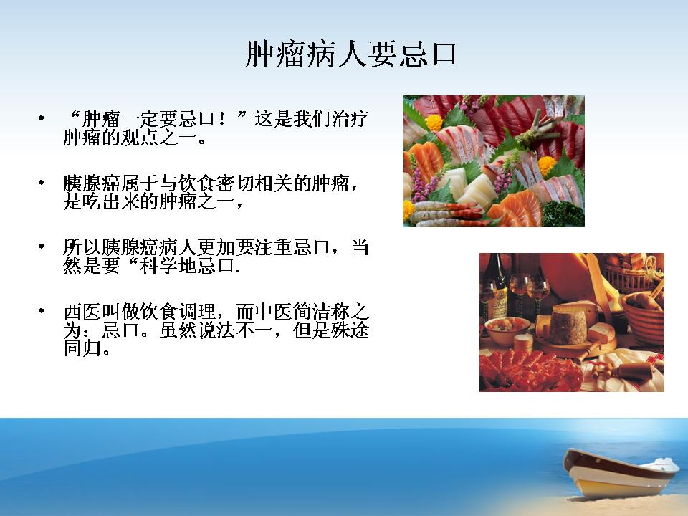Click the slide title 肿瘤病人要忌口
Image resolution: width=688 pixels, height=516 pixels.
[350, 54]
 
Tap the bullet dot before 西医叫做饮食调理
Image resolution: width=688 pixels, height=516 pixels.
[42, 310]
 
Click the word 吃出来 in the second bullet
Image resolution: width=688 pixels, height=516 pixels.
[111, 202]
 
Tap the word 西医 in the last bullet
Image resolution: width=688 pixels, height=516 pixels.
[82, 312]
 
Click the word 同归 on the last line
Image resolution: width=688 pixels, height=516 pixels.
[82, 348]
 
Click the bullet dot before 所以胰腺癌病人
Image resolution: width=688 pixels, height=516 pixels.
[42, 246]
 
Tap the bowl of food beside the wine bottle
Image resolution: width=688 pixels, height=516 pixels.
[507, 330]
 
